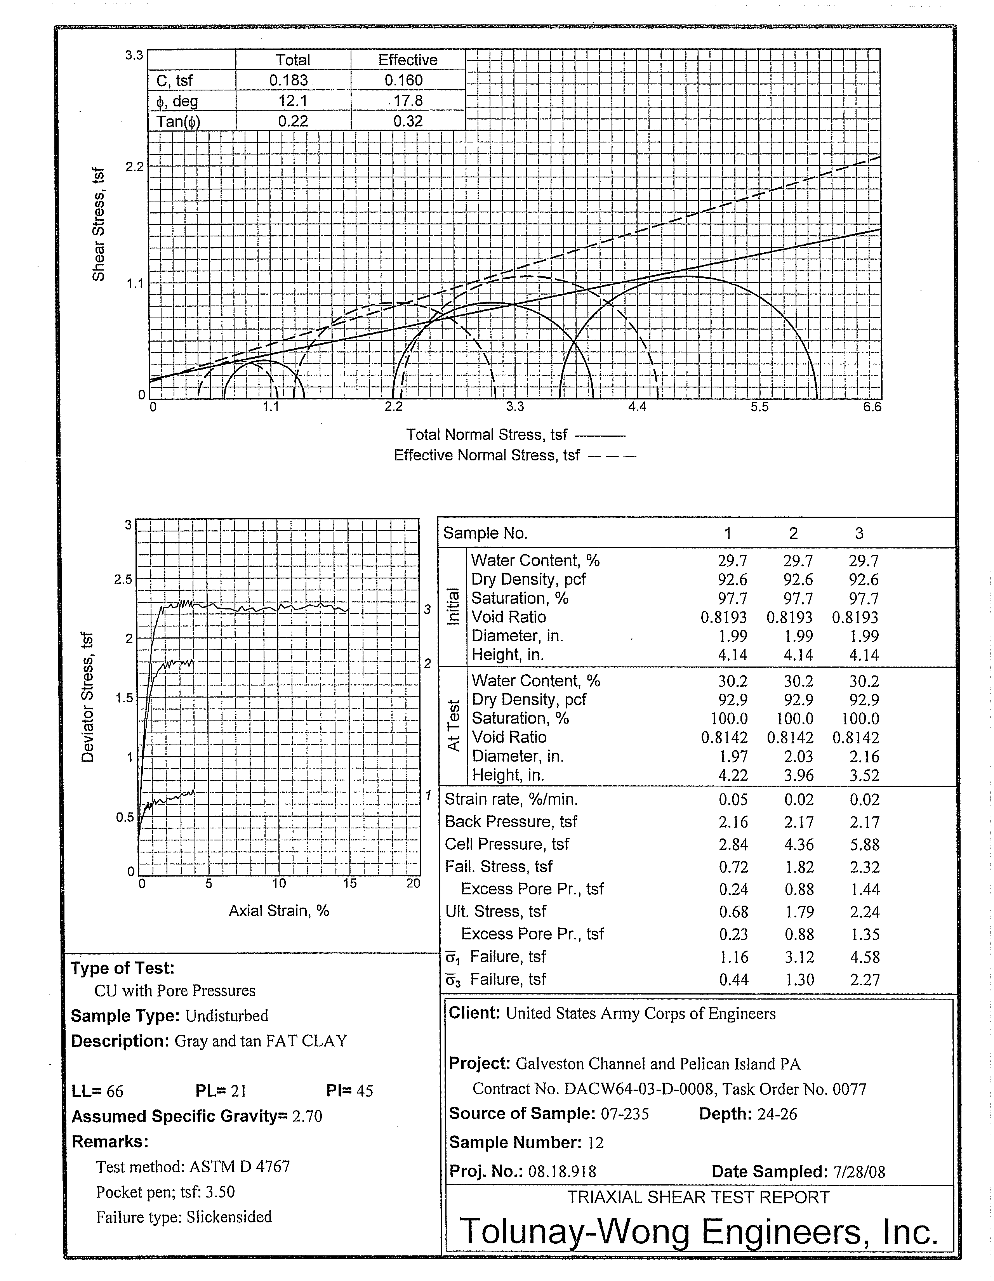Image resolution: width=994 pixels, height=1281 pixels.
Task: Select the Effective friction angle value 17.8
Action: coord(407,101)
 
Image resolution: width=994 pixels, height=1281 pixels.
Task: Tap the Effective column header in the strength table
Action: coord(407,60)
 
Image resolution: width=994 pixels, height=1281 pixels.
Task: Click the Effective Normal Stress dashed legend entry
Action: coord(514,456)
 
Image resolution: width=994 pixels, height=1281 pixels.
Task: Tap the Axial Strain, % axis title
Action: coord(279,911)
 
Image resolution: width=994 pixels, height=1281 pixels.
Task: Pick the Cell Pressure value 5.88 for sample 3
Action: coord(864,845)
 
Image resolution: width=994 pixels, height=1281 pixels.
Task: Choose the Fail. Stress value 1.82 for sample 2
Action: coord(799,867)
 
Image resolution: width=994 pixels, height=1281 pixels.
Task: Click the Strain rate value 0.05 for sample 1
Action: coord(733,799)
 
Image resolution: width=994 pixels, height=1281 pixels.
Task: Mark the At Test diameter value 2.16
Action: coord(864,757)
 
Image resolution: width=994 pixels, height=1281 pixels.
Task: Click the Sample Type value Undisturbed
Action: coord(226,1016)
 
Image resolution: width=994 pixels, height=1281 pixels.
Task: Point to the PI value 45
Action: coord(364,1091)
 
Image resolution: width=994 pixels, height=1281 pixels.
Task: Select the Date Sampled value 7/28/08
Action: coord(858,1172)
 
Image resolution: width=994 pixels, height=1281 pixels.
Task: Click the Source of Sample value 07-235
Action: coord(624,1114)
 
